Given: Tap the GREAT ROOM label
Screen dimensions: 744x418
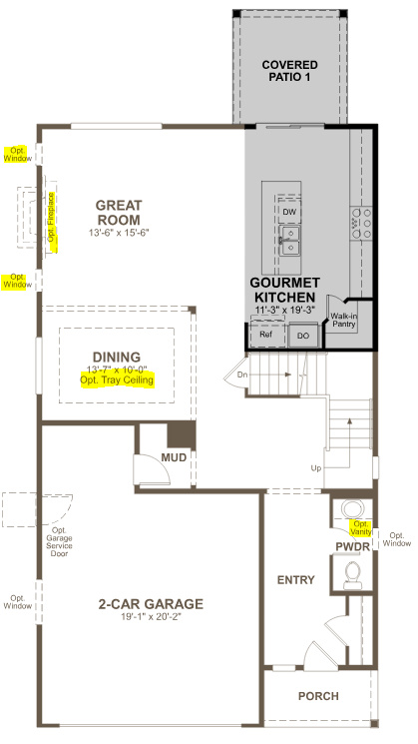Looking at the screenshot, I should pyautogui.click(x=118, y=213).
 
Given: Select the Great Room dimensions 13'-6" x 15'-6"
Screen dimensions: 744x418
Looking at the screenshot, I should pyautogui.click(x=118, y=233).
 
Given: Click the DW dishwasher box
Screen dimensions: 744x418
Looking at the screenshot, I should pyautogui.click(x=289, y=212).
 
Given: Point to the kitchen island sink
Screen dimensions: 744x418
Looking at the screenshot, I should pyautogui.click(x=289, y=239).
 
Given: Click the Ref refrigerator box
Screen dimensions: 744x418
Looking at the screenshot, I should pyautogui.click(x=265, y=336).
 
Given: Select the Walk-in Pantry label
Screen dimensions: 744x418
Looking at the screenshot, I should pyautogui.click(x=345, y=320).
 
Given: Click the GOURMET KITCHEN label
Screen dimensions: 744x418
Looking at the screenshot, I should pyautogui.click(x=283, y=290).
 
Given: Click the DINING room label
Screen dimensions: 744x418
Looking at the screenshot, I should pyautogui.click(x=117, y=357).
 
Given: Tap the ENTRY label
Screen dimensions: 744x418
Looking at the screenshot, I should pyautogui.click(x=296, y=580).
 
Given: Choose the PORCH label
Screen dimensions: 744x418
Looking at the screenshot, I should pyautogui.click(x=318, y=696).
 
